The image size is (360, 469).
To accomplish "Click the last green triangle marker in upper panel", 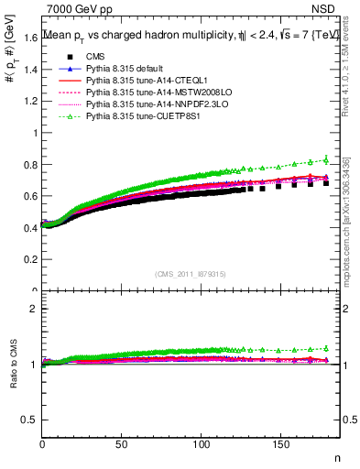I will coord(326,159).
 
